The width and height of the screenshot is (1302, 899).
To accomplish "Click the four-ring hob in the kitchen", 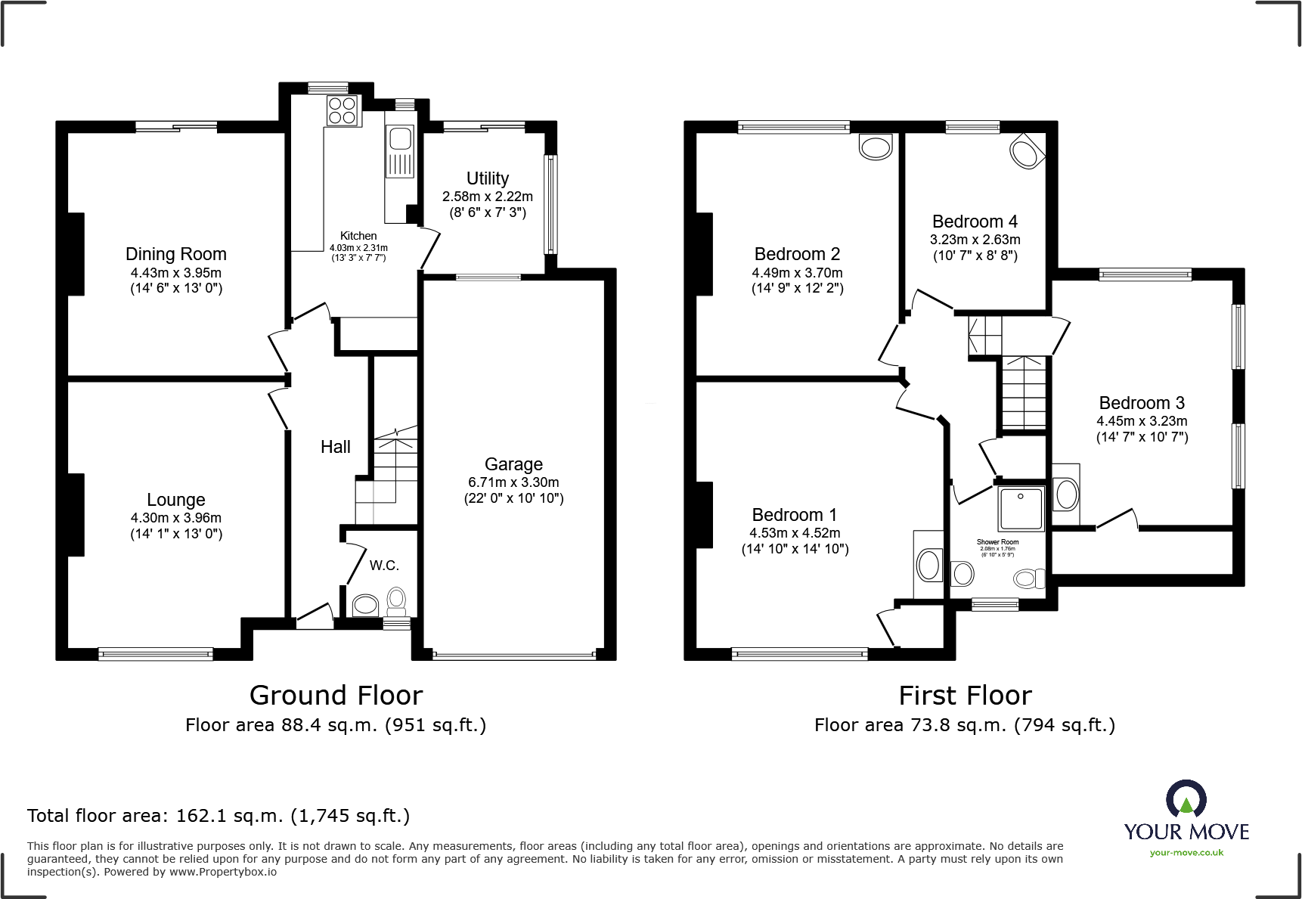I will tap(343, 111).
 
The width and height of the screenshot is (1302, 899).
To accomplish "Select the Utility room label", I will tap(488, 178).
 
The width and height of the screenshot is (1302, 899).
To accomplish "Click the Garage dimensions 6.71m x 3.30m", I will tap(513, 482).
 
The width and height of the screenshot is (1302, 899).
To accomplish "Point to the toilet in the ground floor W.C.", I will tap(396, 602).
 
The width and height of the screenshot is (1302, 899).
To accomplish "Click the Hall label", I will tap(335, 447).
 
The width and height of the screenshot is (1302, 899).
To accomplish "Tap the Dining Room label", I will tap(176, 254).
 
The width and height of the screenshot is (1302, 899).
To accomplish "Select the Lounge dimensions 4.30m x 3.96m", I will tap(176, 518).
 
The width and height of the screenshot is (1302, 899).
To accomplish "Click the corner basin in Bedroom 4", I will tap(1026, 153).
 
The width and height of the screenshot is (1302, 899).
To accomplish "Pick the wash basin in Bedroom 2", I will tap(876, 147).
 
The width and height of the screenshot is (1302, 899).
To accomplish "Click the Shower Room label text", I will tap(997, 542).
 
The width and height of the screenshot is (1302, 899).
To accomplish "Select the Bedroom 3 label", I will tap(1142, 403).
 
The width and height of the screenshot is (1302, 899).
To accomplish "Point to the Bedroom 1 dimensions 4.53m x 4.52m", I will tap(795, 533).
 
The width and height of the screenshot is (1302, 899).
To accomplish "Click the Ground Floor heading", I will tap(336, 696).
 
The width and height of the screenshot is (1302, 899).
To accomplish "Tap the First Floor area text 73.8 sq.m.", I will tap(964, 725).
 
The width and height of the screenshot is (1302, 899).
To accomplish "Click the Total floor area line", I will tap(219, 816).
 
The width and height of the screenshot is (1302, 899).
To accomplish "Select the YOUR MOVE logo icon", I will tap(1186, 799).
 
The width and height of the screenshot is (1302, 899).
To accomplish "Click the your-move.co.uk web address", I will tap(1186, 853).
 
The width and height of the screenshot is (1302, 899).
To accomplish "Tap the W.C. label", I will tap(384, 566).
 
